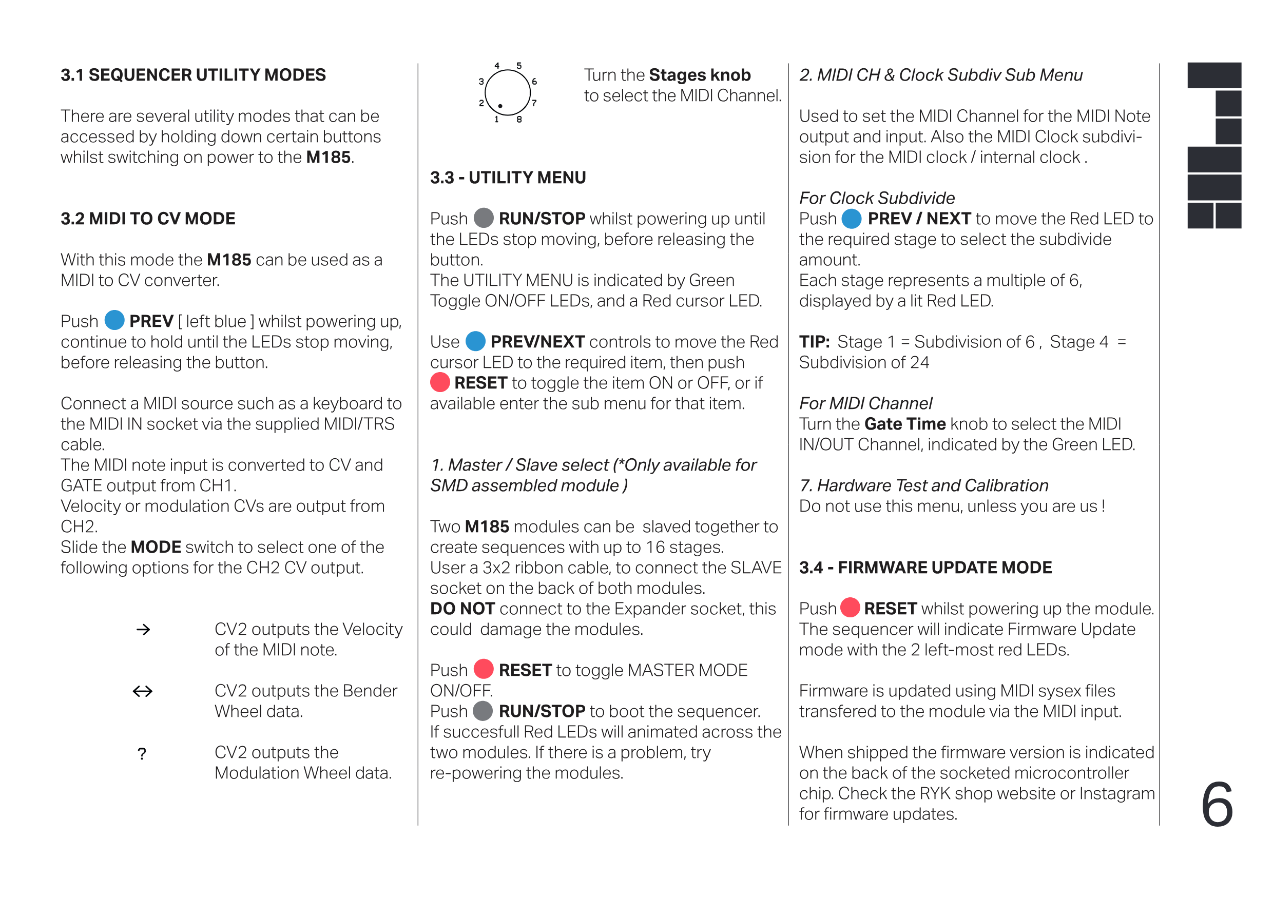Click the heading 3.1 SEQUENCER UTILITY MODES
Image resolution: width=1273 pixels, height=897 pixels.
[x=193, y=75]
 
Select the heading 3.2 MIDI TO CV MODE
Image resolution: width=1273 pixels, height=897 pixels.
[x=148, y=219]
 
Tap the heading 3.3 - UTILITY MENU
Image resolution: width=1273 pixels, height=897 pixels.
[x=508, y=178]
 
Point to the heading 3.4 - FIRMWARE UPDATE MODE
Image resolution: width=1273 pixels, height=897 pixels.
[x=925, y=567]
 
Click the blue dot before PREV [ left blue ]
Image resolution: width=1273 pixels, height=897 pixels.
[x=114, y=320]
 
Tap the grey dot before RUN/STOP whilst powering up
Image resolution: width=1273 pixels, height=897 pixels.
[x=484, y=218]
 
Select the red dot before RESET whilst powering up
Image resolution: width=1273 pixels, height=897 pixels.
[x=850, y=608]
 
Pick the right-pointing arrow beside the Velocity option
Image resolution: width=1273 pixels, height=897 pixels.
[x=143, y=629]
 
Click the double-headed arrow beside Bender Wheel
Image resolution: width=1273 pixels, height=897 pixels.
[x=143, y=691]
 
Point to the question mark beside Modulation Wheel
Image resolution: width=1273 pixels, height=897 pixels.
[x=142, y=753]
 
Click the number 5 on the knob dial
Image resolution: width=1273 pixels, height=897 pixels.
[x=519, y=65]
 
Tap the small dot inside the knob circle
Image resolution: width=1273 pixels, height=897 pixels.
[x=500, y=105]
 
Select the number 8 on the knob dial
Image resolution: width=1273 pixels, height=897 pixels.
[x=519, y=119]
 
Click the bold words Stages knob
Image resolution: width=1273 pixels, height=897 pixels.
[x=700, y=75]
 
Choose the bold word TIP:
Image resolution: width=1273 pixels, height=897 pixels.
[x=814, y=341]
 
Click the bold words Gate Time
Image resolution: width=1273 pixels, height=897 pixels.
[x=905, y=423]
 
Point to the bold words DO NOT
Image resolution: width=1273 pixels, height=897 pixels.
[x=462, y=608]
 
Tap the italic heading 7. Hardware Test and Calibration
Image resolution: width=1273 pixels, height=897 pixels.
[x=924, y=485]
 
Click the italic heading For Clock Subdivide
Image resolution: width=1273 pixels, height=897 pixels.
[x=877, y=198]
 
